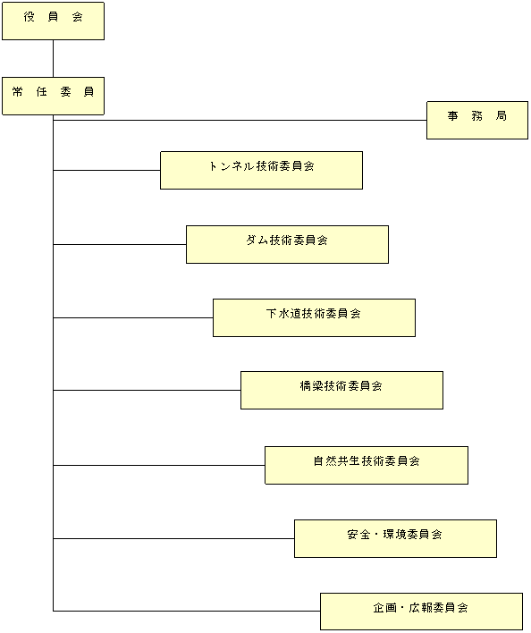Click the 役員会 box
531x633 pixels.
pos(54,21)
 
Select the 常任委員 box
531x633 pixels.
pos(54,96)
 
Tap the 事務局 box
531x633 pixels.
pos(477,121)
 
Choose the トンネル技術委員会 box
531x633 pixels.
pos(261,171)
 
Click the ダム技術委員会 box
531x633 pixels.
pos(287,245)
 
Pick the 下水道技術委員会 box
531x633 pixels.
pos(314,317)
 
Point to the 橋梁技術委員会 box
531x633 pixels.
pos(341,391)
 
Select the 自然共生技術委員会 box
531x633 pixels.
pos(367,465)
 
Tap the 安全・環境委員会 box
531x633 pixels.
pos(395,538)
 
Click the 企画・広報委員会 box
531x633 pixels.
pos(421,612)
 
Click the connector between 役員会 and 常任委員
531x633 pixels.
pos(54,58)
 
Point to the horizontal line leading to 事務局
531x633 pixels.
pos(240,121)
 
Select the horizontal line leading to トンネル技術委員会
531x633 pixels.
pos(107,171)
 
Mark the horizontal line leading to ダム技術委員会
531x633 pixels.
pos(120,245)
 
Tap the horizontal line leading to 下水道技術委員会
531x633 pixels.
pos(133,317)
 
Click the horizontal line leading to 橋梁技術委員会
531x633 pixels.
pos(147,391)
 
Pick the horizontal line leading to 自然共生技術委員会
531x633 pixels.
pos(159,465)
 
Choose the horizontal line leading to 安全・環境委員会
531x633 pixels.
pos(174,538)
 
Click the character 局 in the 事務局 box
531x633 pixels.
pos(501,116)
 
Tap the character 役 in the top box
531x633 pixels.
pos(29,17)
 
